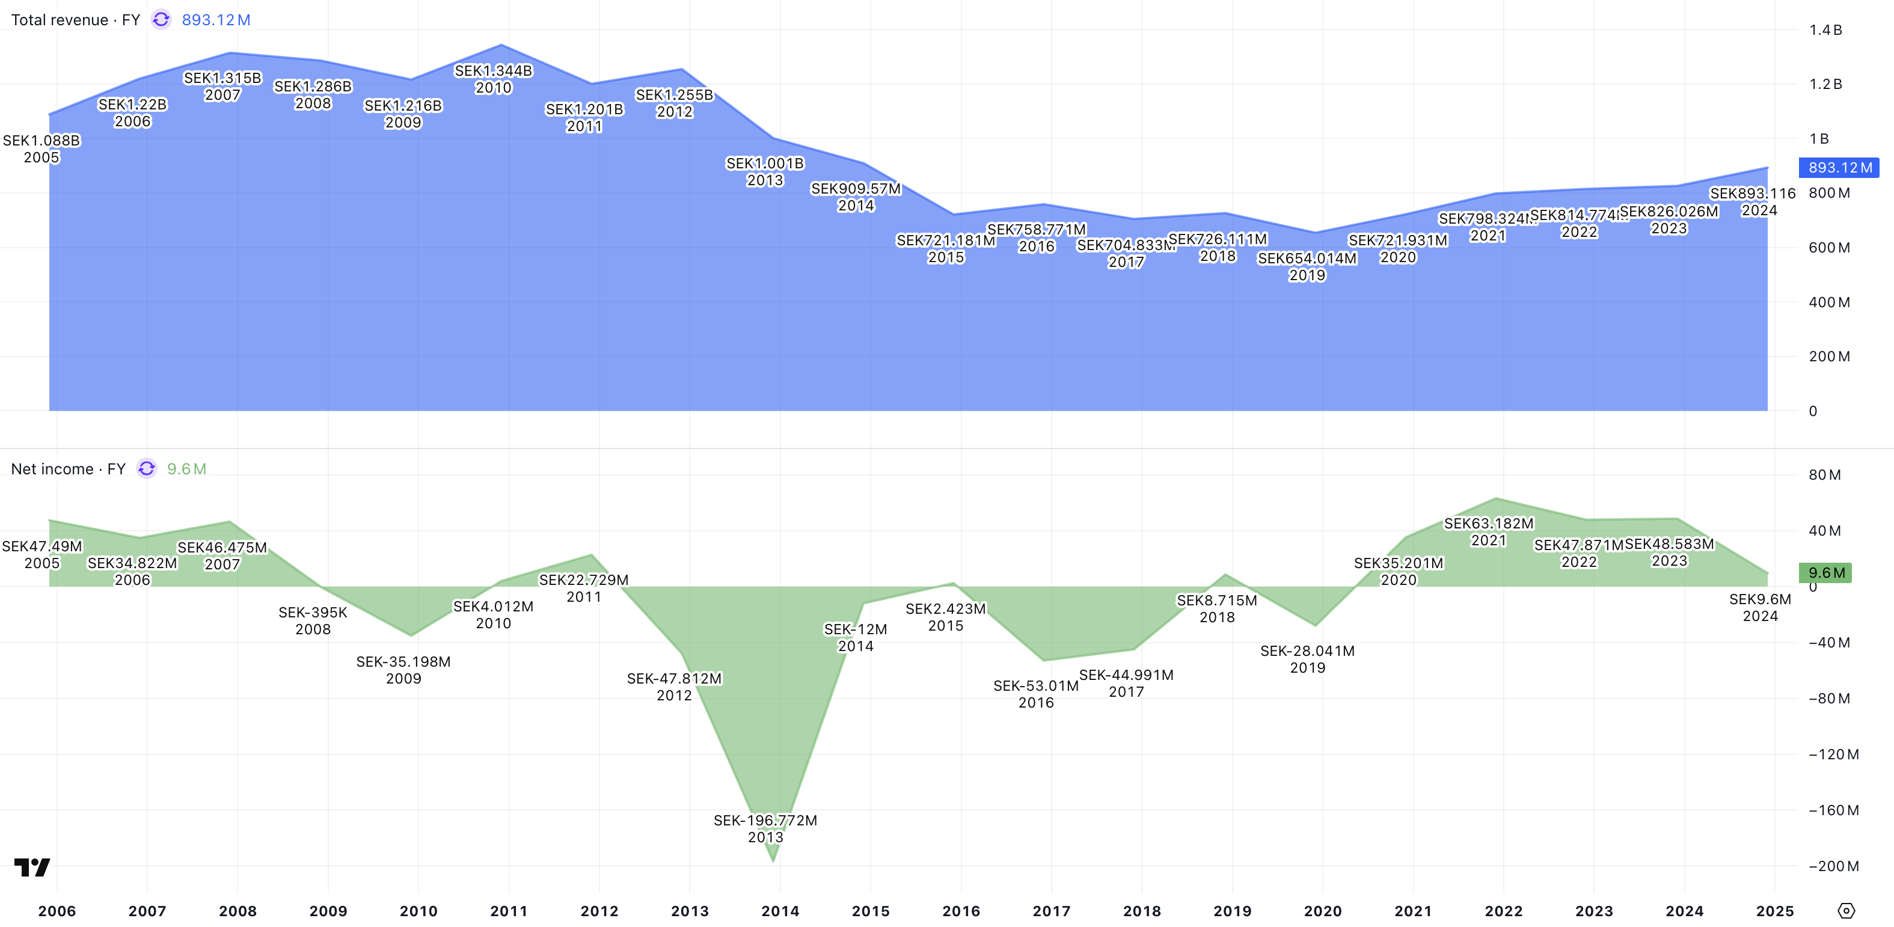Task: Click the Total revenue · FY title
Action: click(x=75, y=20)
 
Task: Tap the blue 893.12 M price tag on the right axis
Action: click(x=1839, y=168)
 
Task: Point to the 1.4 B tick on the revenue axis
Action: click(x=1825, y=30)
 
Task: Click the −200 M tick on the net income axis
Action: click(x=1833, y=866)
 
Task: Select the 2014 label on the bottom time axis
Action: click(x=780, y=911)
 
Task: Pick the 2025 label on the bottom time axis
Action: click(x=1774, y=911)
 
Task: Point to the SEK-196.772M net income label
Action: click(x=765, y=821)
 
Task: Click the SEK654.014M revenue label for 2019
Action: click(x=1307, y=259)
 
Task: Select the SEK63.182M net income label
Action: click(x=1488, y=524)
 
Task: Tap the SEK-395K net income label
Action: click(x=313, y=613)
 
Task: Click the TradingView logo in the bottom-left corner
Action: click(x=32, y=867)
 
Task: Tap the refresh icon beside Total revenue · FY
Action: click(x=161, y=20)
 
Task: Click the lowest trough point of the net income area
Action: click(x=773, y=860)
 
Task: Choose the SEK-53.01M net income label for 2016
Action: click(x=1035, y=686)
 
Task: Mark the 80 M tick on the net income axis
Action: click(x=1824, y=475)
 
